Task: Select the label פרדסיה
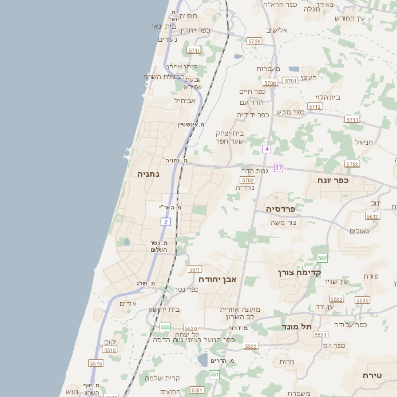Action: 281,209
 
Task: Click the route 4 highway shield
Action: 266,149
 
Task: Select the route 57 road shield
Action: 279,167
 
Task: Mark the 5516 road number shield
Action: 110,350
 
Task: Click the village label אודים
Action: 127,302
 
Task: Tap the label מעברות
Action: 268,68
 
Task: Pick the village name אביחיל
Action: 186,100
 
